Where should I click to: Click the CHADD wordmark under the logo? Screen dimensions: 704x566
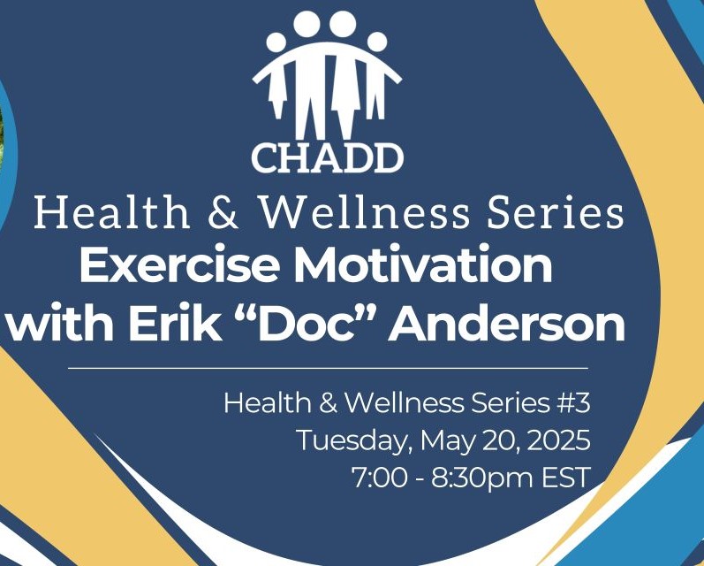tap(328, 157)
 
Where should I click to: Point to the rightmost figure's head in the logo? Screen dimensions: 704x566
tap(376, 41)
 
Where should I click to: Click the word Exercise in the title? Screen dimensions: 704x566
tap(178, 265)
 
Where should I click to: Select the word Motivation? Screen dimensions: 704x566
tap(423, 265)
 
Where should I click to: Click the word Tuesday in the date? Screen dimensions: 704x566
tap(355, 440)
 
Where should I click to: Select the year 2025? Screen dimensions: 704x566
tap(558, 440)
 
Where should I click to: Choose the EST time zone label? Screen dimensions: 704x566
tap(566, 478)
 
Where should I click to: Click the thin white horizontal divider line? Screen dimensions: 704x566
tap(329, 368)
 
